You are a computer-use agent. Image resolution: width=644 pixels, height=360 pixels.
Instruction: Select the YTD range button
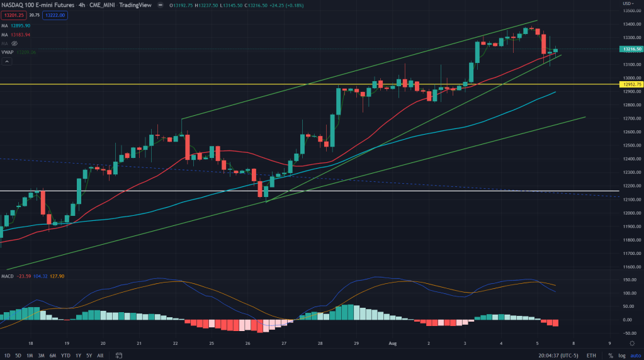[x=65, y=355]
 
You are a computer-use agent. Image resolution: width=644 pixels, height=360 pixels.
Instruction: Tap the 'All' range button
[x=100, y=355]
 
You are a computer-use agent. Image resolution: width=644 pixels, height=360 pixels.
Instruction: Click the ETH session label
[x=591, y=355]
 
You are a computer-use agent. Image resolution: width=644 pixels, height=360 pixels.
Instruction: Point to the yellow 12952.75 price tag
[x=630, y=84]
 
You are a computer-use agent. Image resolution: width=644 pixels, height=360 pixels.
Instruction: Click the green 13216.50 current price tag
[x=630, y=48]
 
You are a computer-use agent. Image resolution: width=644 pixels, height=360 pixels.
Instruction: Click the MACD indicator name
[x=8, y=276]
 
